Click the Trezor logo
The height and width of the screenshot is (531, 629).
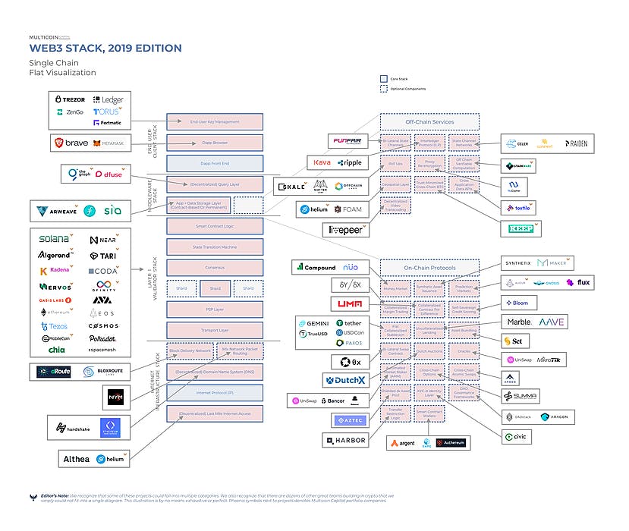[x=69, y=99]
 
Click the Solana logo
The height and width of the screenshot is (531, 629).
[x=55, y=238]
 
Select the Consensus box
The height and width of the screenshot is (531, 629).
[x=215, y=268]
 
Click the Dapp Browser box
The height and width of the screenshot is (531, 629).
[x=215, y=143]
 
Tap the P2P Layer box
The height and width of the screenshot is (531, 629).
[x=215, y=309]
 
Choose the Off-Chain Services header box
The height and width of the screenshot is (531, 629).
[x=429, y=121]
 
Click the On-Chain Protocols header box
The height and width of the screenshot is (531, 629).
[x=429, y=267]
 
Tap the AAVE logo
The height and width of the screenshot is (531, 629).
[x=552, y=322]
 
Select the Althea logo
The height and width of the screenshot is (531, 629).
[x=76, y=458]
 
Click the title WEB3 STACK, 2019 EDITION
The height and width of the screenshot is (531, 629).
[x=105, y=49]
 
